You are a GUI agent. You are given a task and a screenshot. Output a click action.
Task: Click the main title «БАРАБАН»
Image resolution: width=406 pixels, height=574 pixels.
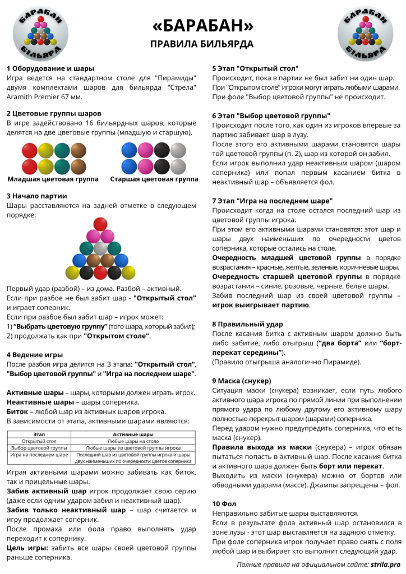[203, 26]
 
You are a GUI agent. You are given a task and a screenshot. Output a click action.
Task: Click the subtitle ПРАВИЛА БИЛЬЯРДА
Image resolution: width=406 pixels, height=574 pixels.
[202, 44]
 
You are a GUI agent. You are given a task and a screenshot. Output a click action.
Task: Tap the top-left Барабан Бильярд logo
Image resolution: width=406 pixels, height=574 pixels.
[40, 33]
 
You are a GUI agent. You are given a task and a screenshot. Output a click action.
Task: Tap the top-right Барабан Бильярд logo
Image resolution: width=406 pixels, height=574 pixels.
[365, 33]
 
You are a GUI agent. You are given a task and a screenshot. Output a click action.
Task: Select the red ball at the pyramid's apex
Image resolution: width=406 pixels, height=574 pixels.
[100, 223]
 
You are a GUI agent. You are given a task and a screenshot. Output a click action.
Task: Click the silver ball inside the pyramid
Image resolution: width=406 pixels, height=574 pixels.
[100, 248]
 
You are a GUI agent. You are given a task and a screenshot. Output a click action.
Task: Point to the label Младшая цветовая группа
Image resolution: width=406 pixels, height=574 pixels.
[53, 179]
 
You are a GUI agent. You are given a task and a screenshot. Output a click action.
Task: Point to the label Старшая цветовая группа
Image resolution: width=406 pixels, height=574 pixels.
[154, 179]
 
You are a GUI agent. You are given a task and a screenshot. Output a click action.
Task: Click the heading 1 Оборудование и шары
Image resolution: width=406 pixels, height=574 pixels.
[50, 68]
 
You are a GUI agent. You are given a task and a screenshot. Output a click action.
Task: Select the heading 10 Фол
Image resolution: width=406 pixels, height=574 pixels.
[224, 503]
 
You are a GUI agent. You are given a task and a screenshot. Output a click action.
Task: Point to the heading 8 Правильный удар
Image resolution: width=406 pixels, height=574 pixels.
[247, 324]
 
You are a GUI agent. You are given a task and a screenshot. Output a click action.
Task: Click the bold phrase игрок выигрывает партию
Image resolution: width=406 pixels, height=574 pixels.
[261, 305]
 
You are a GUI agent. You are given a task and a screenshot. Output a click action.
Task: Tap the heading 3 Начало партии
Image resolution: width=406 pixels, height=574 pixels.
[36, 196]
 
